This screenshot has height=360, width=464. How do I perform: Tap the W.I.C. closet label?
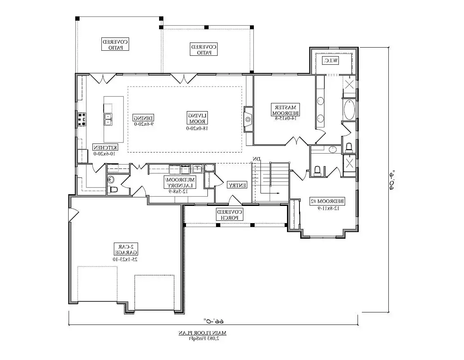(x=330, y=60)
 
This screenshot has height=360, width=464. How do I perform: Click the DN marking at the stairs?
(x=256, y=159)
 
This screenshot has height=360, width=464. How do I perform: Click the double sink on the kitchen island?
(x=108, y=119)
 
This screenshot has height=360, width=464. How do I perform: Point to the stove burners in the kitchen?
(x=82, y=119)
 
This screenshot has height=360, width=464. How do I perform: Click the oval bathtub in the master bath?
(x=349, y=110)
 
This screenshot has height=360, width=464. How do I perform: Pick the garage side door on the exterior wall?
(x=73, y=215)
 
